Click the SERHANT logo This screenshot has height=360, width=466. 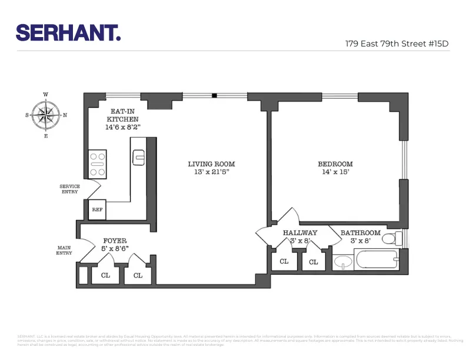tap(68, 32)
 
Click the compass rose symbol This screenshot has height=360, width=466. tap(46, 115)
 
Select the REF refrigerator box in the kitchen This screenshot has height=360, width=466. tap(97, 209)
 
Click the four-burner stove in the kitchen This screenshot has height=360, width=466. tap(97, 164)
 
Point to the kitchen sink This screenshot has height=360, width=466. tap(139, 156)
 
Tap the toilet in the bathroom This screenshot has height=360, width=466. tap(398, 238)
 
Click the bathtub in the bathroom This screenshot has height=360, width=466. tap(375, 259)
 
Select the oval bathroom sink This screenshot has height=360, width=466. tap(342, 262)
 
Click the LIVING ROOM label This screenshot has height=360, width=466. tap(211, 164)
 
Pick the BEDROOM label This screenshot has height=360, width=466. tap(335, 164)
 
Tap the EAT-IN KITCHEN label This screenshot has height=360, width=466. tap(122, 115)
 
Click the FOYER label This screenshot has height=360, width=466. tap(115, 241)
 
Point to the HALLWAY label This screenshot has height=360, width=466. tap(300, 232)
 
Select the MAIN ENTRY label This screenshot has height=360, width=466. tap(64, 250)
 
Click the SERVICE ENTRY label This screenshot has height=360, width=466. tap(69, 189)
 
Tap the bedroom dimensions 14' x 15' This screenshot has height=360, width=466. tap(335, 172)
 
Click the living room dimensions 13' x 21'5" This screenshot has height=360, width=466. tap(211, 172)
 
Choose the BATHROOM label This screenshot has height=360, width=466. tap(360, 232)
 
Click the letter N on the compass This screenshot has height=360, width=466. tap(65, 115)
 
